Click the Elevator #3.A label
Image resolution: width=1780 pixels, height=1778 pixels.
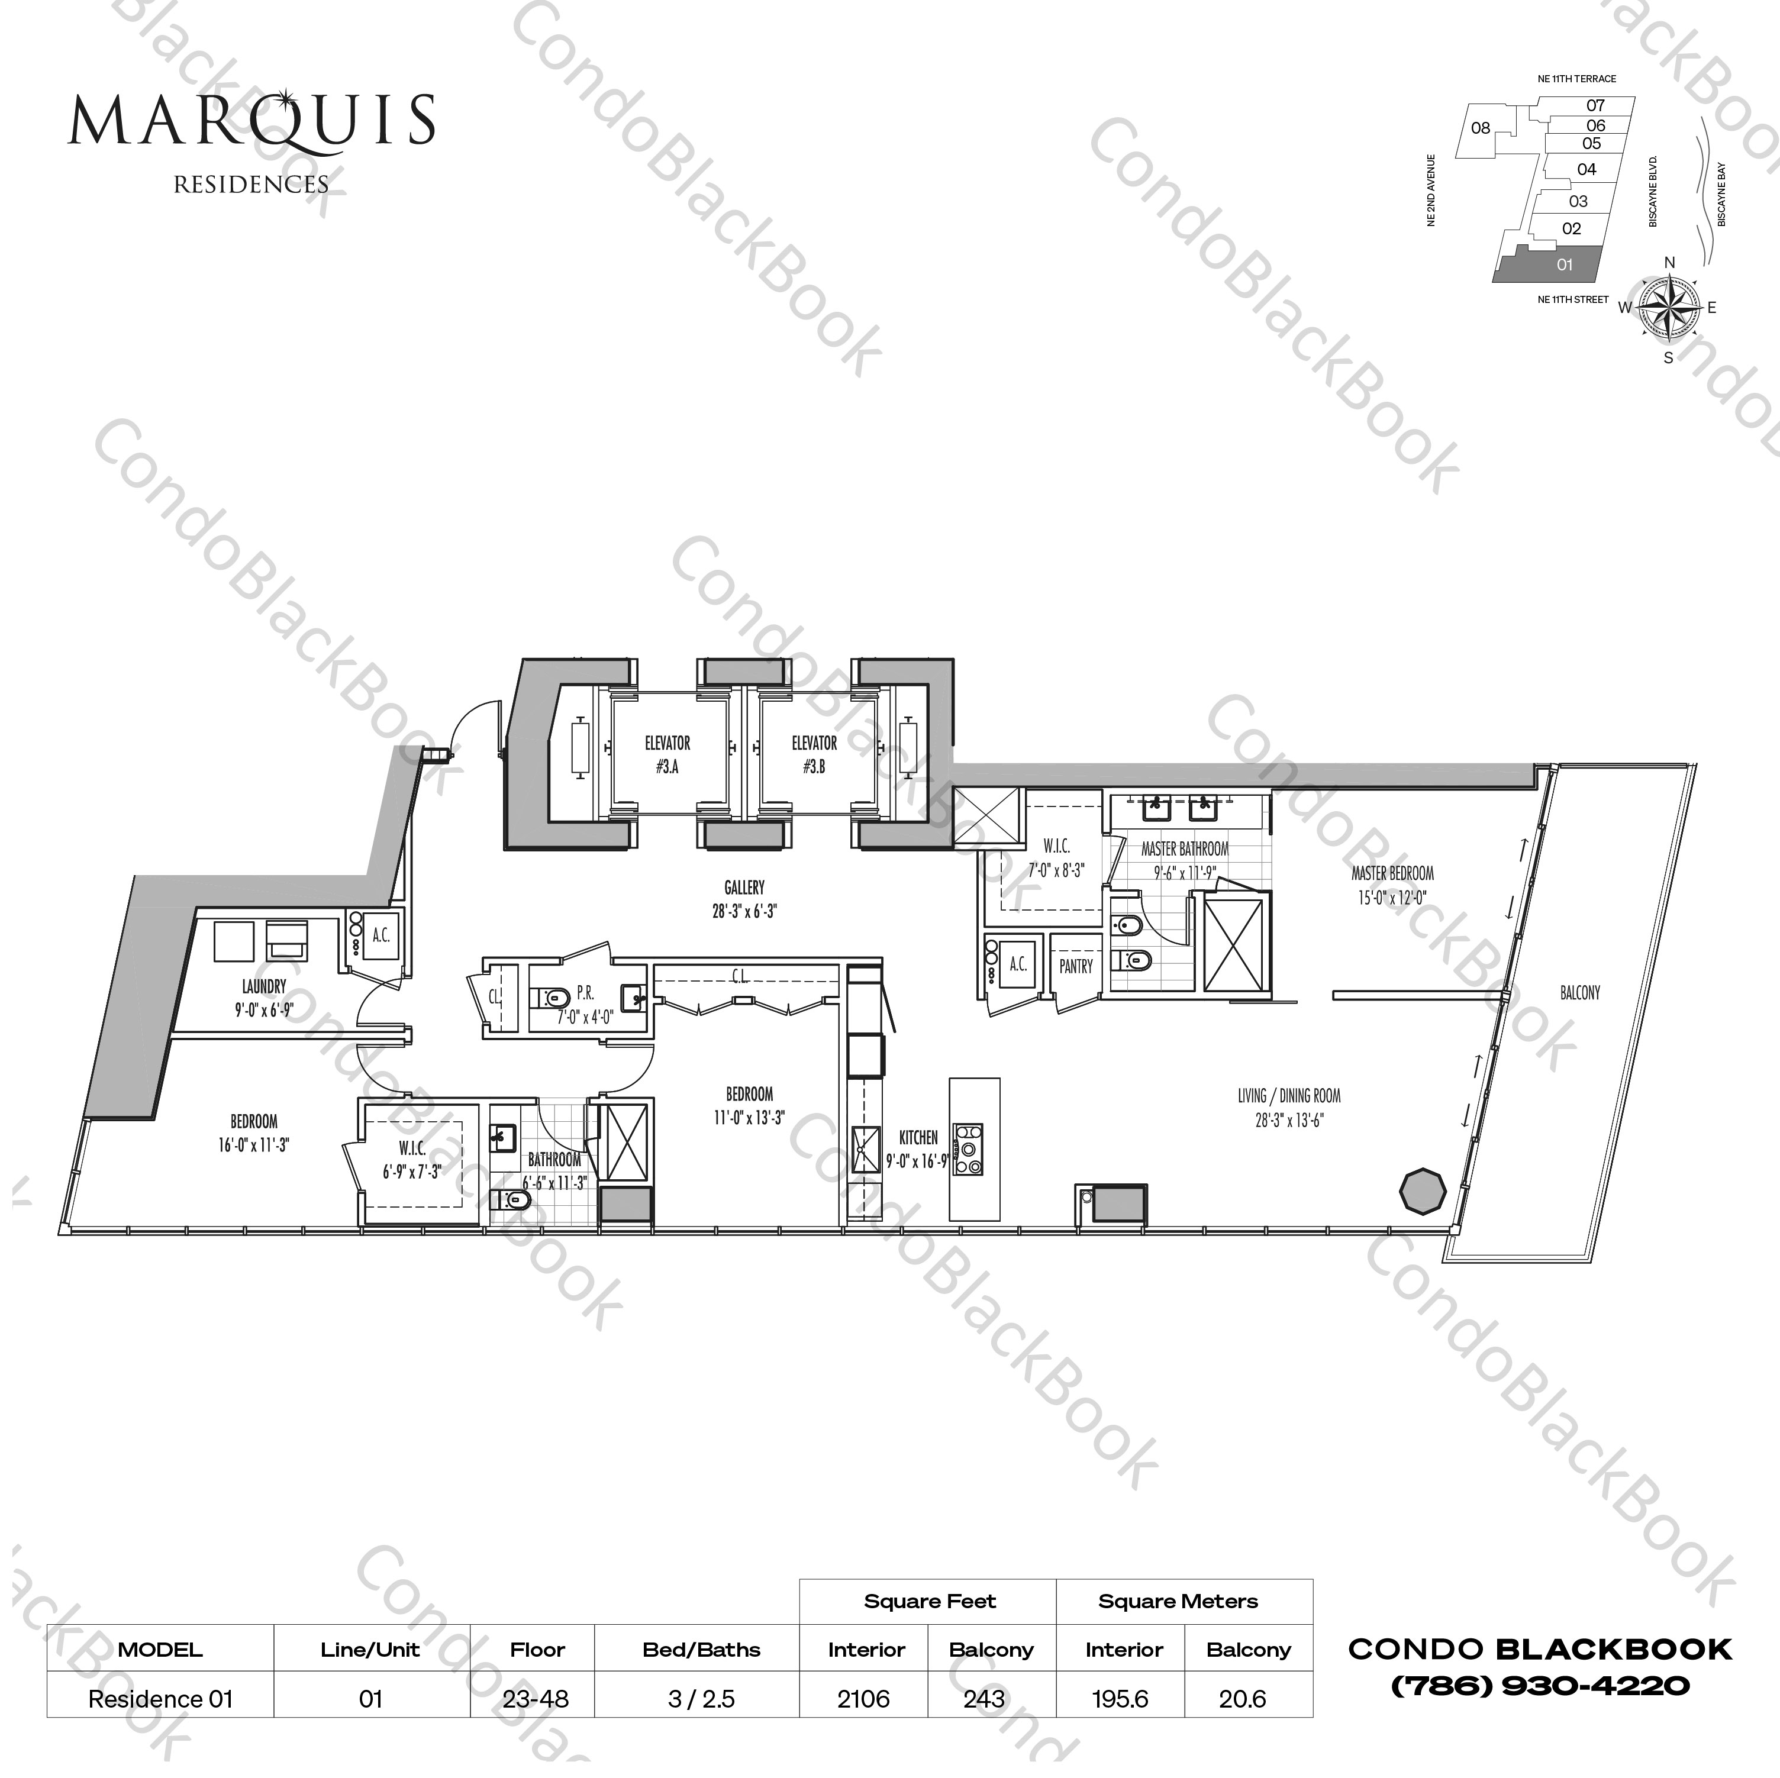pos(667,754)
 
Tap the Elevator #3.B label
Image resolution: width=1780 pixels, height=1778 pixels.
pos(814,754)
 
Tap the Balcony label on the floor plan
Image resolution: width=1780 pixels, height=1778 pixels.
pos(1580,993)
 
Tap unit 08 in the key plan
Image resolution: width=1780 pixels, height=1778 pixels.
pos(1481,128)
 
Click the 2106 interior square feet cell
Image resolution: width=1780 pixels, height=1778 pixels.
pos(863,1699)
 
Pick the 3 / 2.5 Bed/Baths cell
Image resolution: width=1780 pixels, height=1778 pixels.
pos(701,1699)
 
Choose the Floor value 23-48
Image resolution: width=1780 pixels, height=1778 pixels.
pos(536,1699)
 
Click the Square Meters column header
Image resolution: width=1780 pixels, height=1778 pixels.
pos(1178,1601)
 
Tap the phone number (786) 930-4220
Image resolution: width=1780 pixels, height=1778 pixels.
pos(1540,1686)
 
